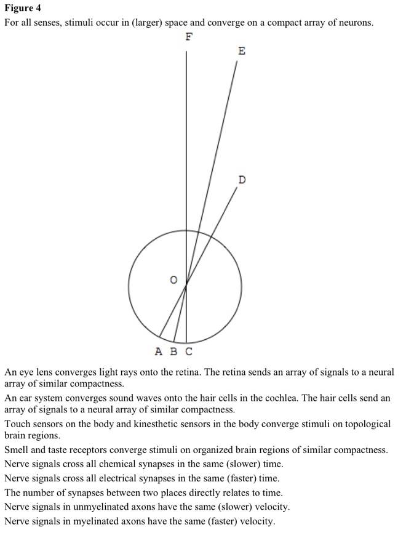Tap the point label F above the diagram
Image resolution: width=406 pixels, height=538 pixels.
pyautogui.click(x=189, y=37)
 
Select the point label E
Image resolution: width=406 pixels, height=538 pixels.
pyautogui.click(x=241, y=51)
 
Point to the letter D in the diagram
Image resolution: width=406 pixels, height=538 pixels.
pyautogui.click(x=242, y=180)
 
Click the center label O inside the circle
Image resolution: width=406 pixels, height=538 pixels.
pyautogui.click(x=173, y=280)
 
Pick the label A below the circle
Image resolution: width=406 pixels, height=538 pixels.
pyautogui.click(x=159, y=352)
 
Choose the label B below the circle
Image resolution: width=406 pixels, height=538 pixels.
pyautogui.click(x=173, y=352)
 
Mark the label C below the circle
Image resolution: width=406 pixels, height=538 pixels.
pyautogui.click(x=188, y=352)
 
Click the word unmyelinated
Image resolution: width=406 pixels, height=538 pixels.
pyautogui.click(x=117, y=507)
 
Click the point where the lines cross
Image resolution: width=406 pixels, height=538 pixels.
pyautogui.click(x=186, y=284)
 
